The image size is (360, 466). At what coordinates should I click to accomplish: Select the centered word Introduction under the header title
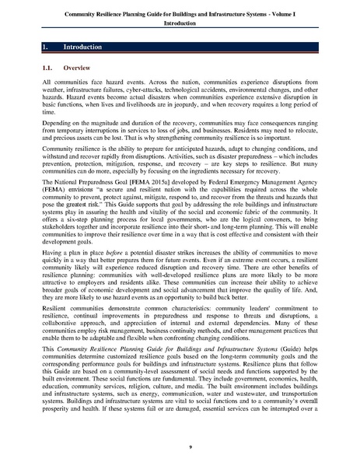pyautogui.click(x=179, y=24)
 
